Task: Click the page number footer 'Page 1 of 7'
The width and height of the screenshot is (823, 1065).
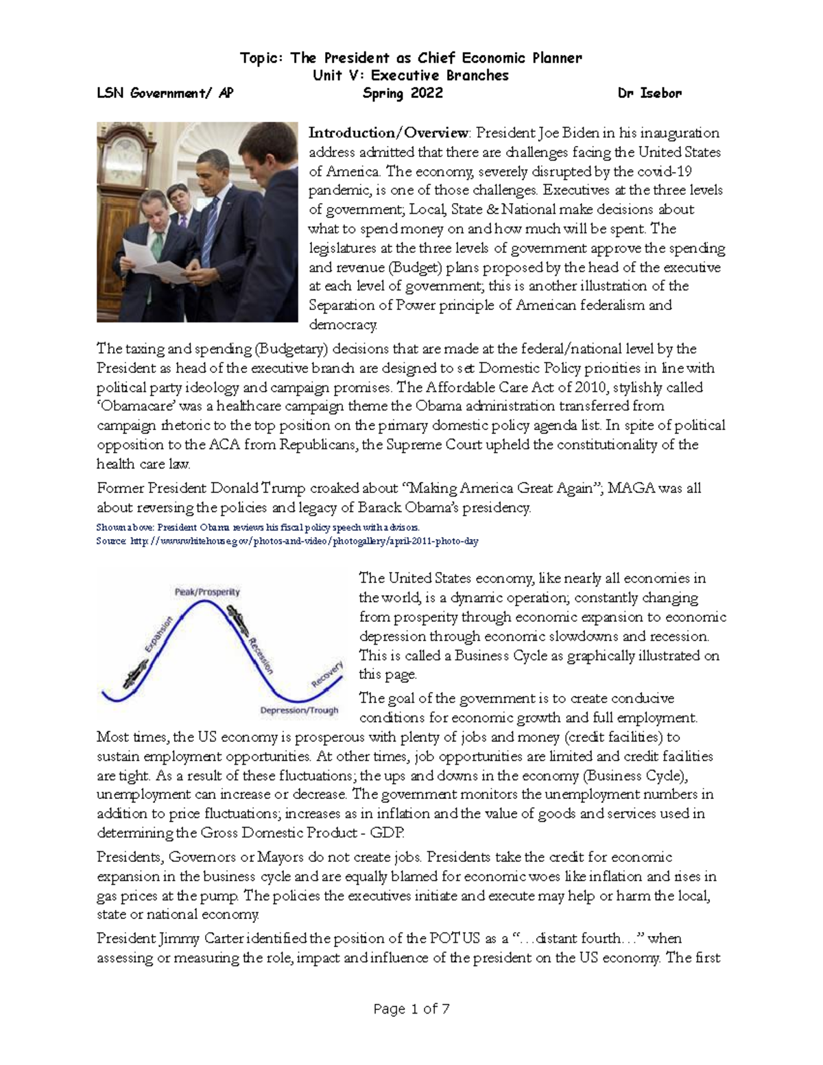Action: click(x=411, y=1009)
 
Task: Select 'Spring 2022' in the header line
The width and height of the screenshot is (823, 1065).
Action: click(x=402, y=93)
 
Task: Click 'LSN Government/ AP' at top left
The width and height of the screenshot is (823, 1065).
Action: click(x=165, y=93)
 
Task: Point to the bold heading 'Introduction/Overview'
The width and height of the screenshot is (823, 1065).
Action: click(x=389, y=132)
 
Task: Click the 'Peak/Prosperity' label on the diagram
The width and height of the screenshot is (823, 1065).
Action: click(x=207, y=591)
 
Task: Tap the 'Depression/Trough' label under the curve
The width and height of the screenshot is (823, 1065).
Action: click(x=300, y=710)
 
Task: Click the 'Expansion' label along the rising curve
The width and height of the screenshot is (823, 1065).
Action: click(x=158, y=634)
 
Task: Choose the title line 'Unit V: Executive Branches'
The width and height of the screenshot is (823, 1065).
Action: click(x=411, y=75)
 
